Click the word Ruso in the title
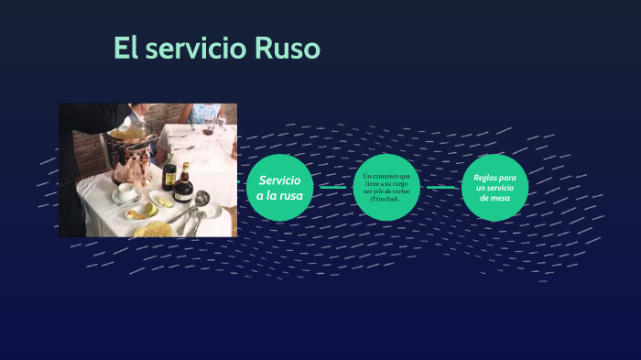[285, 49]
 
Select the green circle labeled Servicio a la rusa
[280, 188]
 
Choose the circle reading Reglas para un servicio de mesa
[495, 188]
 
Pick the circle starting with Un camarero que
[387, 188]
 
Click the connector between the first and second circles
[333, 188]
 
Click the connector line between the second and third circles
[441, 188]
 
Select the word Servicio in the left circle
[279, 180]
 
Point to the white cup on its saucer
[127, 191]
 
